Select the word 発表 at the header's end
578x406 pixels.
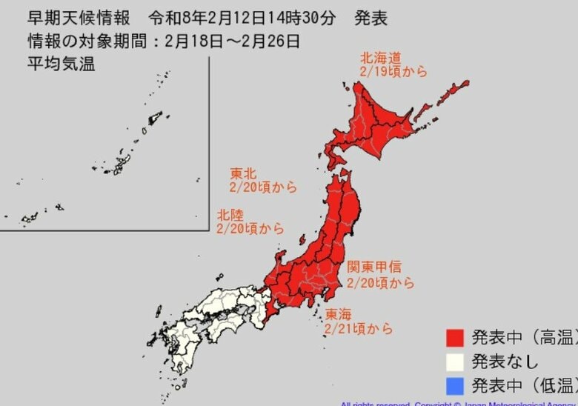pos(370,18)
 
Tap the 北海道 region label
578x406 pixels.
pos(380,56)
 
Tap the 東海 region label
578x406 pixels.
pos(339,314)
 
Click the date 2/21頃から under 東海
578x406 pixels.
pos(359,328)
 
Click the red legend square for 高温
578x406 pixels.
pos(455,339)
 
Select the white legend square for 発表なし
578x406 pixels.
pos(455,362)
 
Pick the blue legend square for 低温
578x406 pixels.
pos(455,385)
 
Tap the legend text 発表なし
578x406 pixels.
pos(505,362)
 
